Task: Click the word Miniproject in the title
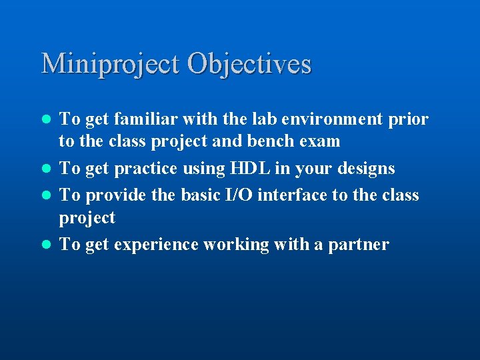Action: (110, 64)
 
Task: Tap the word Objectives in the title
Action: (249, 64)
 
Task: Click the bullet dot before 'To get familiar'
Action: (46, 120)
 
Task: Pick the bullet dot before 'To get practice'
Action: (46, 169)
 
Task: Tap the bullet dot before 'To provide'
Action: (46, 196)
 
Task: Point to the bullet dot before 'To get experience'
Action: (46, 245)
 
